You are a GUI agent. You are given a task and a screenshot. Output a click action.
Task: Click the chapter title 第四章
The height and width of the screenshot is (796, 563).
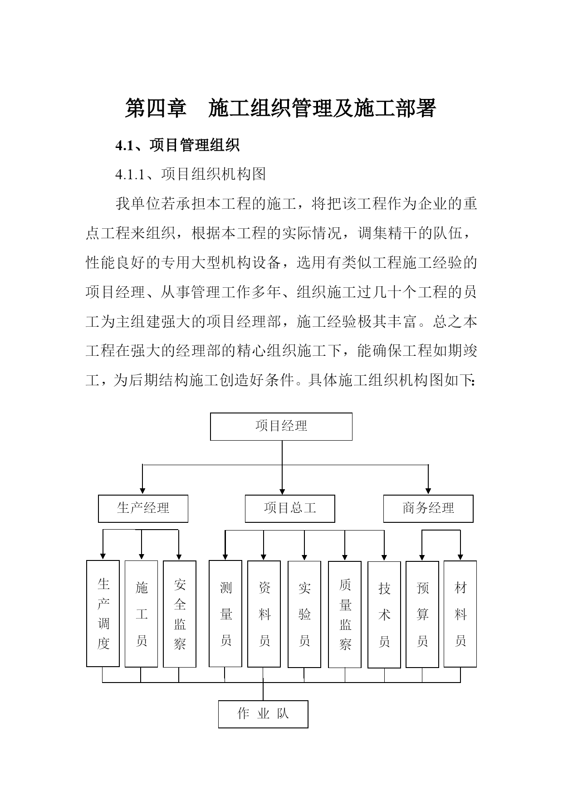click(156, 108)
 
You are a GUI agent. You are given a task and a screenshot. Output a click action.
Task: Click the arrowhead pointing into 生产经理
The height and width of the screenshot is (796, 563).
click(142, 491)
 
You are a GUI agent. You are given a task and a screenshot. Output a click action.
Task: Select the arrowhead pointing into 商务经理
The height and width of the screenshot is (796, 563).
click(428, 491)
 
